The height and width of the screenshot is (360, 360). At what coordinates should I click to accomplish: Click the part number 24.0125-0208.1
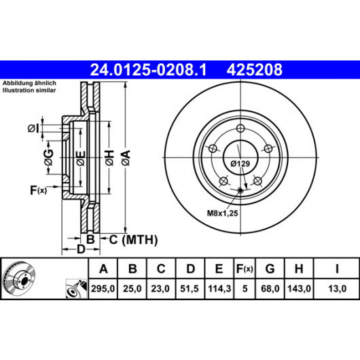pos(148,70)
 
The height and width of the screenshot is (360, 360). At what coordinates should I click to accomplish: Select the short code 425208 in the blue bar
pos(255,70)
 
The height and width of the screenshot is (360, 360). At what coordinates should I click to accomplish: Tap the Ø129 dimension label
pos(240,164)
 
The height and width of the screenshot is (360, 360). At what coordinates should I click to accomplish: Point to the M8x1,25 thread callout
pos(223,213)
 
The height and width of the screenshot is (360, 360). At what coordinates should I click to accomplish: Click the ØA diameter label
pos(126,158)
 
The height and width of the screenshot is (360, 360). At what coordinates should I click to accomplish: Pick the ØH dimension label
pos(109,158)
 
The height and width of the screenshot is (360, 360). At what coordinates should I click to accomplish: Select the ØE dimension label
pos(81,158)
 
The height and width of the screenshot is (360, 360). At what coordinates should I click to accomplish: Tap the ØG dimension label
pos(49,158)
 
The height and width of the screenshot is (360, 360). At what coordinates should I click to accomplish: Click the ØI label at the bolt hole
pos(33,128)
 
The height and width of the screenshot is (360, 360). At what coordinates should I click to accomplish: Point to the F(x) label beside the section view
pos(38,190)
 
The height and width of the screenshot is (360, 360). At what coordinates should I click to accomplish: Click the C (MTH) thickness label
pos(133,240)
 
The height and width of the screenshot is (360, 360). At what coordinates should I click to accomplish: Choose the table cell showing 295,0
pos(103,289)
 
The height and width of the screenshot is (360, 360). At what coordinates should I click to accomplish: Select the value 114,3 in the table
pos(219,289)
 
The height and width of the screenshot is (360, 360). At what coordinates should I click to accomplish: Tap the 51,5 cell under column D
pos(190,289)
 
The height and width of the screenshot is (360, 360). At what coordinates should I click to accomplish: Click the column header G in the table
pos(270,268)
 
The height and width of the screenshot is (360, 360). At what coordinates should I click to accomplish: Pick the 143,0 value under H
pos(299,289)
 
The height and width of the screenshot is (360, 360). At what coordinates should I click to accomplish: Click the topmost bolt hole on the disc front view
pos(240,128)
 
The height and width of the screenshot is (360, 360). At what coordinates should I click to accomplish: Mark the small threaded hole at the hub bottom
pos(240,190)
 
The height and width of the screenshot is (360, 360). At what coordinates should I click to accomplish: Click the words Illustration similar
pos(29,90)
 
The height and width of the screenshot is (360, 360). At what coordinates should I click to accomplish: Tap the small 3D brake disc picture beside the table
pos(20,276)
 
